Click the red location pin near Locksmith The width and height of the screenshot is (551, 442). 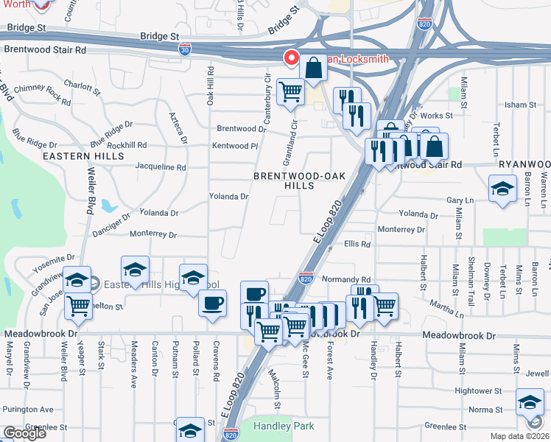291,58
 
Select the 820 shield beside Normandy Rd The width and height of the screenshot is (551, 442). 307,278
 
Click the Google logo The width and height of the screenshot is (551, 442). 24,433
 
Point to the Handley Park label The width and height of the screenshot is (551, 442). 284,426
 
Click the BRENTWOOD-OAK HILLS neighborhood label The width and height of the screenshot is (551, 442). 295,180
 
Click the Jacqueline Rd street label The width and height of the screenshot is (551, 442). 161,167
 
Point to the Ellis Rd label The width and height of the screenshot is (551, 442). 357,244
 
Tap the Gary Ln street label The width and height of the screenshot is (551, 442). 460,200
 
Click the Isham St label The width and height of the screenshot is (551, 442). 522,105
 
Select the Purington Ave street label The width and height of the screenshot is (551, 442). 28,409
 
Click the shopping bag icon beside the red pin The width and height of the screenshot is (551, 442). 313,68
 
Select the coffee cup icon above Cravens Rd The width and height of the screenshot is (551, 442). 212,303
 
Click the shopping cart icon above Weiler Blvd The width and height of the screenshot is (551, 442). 78,306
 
